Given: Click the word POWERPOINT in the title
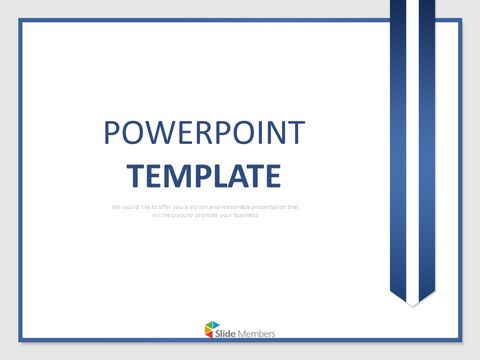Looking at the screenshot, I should tap(204, 132).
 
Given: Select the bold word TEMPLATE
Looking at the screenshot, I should tap(204, 177).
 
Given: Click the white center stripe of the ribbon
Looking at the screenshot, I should tap(409, 150).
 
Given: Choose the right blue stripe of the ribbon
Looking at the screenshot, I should tap(422, 150).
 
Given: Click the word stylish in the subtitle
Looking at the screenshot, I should tap(197, 207).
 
